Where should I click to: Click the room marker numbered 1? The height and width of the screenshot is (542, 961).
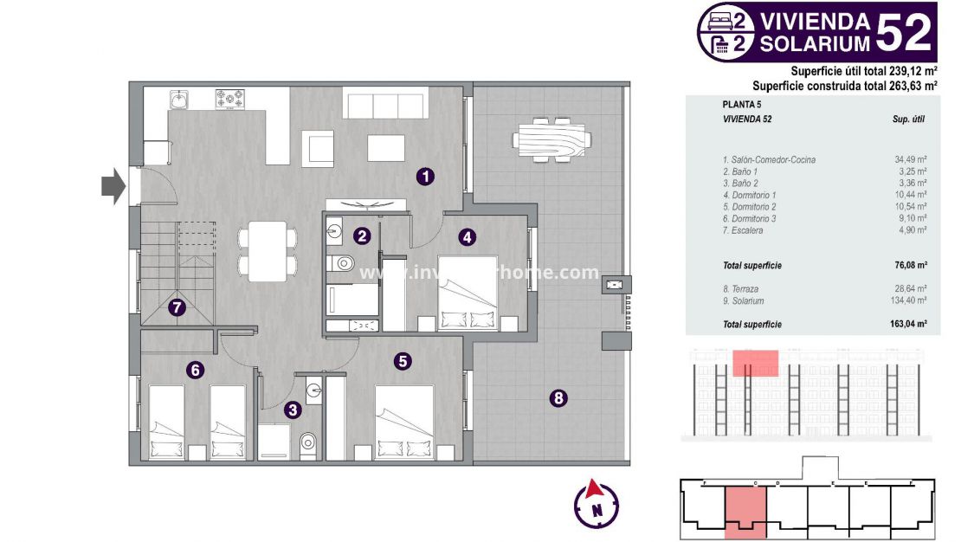[x=425, y=177]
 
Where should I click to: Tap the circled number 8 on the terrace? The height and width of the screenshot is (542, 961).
[x=559, y=398]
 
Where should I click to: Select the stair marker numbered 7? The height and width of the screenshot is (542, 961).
[x=177, y=306]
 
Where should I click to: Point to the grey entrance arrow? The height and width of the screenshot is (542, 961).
[x=113, y=186]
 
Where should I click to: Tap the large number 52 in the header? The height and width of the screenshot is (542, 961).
[x=904, y=31]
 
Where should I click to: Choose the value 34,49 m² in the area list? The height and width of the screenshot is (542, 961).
[x=910, y=160]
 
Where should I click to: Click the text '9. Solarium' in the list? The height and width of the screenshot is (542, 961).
[x=743, y=301]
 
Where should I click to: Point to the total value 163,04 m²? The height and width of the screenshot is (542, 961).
[x=909, y=325]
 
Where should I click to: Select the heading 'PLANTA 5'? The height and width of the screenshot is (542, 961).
[x=738, y=104]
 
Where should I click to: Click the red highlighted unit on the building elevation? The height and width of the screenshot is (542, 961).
[x=755, y=363]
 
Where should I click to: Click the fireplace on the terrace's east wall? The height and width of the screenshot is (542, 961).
[x=615, y=284]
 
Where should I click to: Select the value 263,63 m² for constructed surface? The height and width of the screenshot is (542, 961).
[x=906, y=85]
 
